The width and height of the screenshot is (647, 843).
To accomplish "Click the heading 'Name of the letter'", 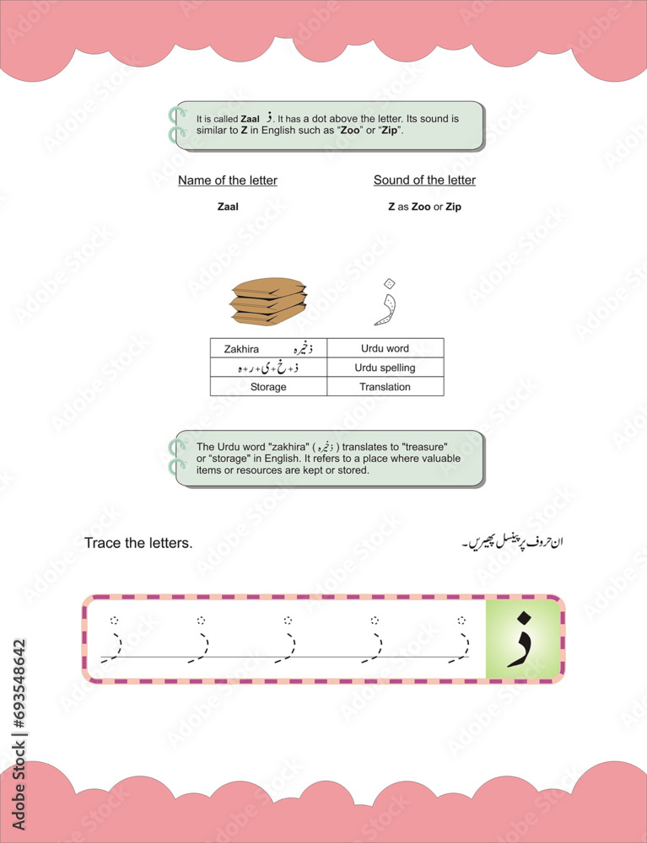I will point(227,180).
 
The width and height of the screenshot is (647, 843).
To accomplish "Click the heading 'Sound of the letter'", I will point(424,180).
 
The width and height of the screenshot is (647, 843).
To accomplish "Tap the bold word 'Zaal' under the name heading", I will point(228,207).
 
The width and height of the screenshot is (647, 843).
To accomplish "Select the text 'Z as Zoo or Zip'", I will point(424,207).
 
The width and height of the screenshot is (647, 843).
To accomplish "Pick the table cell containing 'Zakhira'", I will point(268,348).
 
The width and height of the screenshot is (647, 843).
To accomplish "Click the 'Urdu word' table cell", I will point(385,348).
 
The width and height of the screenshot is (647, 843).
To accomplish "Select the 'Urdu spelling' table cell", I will point(385,368).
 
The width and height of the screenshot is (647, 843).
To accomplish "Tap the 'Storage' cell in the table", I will point(268,387).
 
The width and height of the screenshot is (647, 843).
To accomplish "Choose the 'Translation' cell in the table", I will point(385,387).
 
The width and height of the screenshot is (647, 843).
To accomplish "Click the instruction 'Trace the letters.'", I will point(138,543).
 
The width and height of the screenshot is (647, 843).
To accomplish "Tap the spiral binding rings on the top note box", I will point(177,125).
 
